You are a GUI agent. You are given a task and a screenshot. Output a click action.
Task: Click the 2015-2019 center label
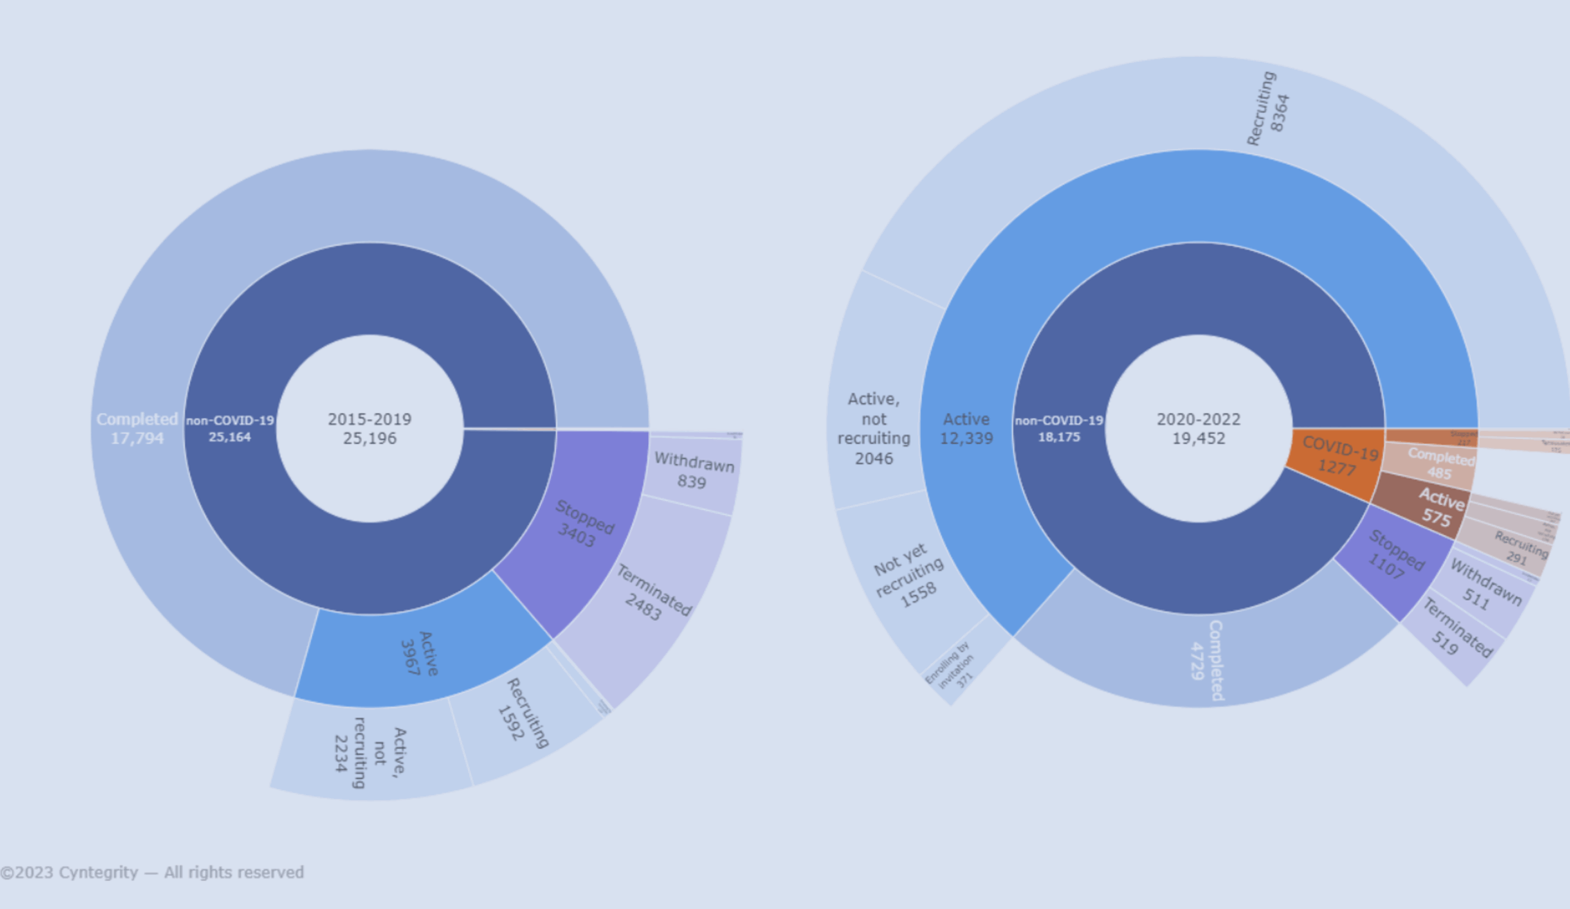(369, 428)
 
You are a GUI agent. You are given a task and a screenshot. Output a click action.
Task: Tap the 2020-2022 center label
(1198, 428)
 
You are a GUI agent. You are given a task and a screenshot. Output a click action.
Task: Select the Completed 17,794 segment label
(137, 428)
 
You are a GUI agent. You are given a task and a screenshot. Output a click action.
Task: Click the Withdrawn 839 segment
(693, 471)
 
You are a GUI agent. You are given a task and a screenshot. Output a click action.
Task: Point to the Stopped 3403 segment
(583, 523)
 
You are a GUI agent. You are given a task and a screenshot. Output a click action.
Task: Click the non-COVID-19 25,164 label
(230, 428)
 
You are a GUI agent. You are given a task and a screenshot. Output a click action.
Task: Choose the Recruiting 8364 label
(1267, 110)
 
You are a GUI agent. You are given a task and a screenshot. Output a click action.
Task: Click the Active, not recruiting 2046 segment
(873, 428)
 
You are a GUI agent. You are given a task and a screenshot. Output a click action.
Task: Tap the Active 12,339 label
(966, 428)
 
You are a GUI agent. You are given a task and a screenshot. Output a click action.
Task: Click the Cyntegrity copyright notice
(152, 872)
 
